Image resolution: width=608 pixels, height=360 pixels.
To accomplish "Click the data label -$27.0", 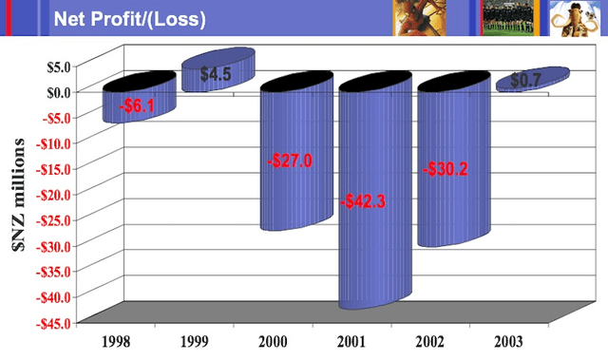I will pos(289,161).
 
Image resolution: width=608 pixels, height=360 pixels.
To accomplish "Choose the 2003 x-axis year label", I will pos(517,339).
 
